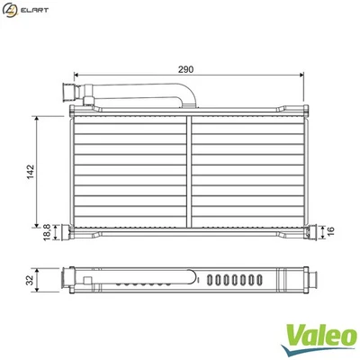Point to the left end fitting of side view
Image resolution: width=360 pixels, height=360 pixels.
[x=67, y=280]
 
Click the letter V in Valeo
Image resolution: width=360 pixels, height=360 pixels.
[x=293, y=335]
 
